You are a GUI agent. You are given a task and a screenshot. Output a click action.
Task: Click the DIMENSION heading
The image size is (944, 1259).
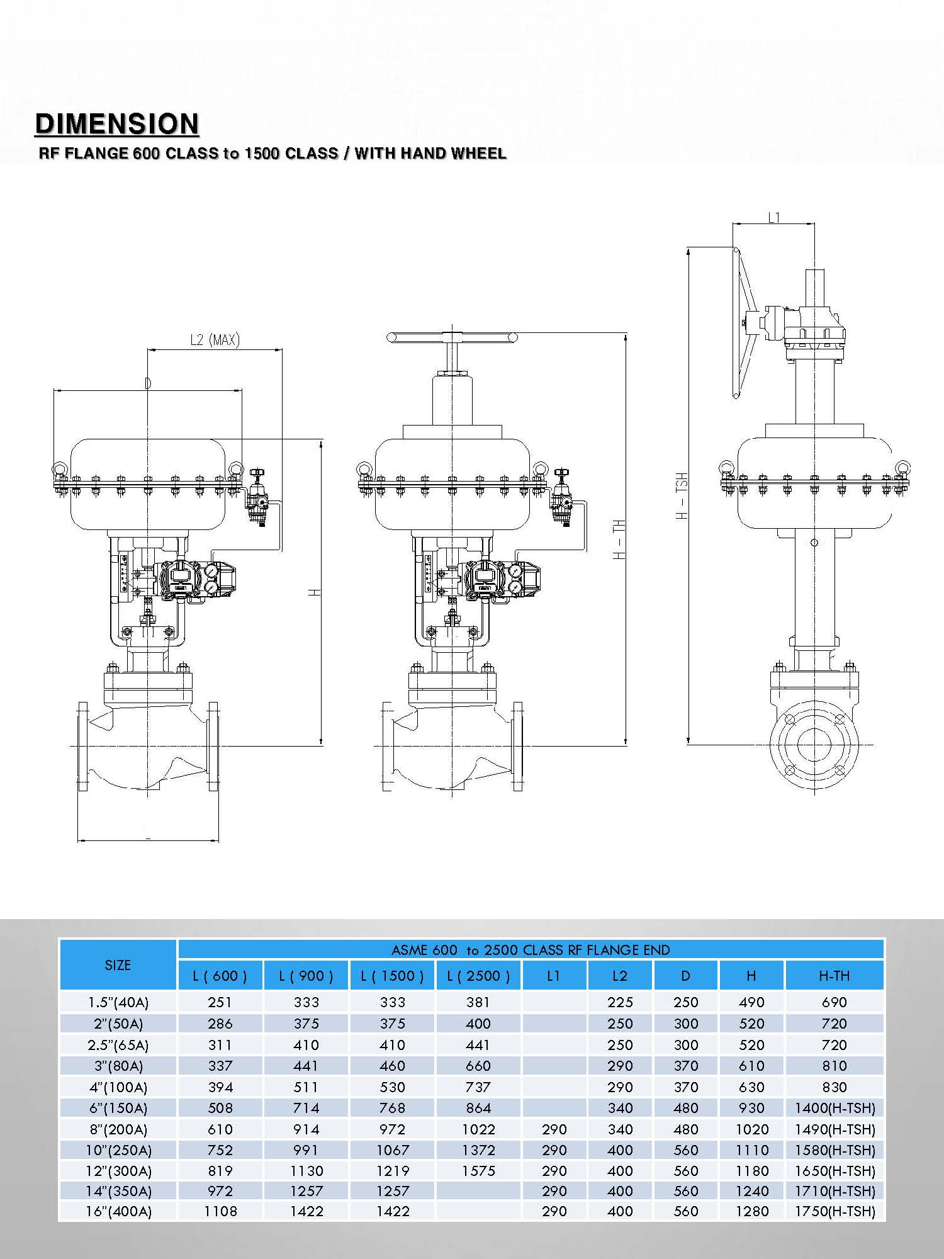point(117,124)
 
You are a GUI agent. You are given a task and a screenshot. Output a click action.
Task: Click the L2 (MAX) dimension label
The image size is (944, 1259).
point(215,340)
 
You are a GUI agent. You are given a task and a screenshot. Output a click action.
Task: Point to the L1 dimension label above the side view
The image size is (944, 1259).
point(774,218)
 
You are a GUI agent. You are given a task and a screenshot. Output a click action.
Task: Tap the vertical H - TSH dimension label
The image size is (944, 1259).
point(682,495)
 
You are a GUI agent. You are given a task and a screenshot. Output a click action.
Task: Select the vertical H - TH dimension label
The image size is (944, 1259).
point(619,539)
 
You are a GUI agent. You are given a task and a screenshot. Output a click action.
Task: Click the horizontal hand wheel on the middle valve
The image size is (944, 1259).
point(452,338)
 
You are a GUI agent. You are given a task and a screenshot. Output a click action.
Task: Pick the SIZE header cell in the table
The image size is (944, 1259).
point(118,965)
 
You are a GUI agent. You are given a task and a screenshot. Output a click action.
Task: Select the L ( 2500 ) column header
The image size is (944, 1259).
point(478,976)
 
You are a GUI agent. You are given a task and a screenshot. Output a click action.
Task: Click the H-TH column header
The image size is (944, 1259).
point(834,976)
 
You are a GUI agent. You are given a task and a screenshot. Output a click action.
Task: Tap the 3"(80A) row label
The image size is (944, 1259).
point(118,1066)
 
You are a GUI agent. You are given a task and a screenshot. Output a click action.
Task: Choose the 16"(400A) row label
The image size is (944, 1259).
point(118,1211)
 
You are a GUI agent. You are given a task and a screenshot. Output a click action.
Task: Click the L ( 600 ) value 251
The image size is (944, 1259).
point(220,1002)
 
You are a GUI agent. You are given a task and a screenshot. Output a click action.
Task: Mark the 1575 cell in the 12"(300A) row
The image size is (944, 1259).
point(478,1171)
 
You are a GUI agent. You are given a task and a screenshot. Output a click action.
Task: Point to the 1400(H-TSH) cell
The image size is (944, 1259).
point(834,1108)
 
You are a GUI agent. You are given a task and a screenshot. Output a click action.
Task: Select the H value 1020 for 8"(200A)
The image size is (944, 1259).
point(752,1129)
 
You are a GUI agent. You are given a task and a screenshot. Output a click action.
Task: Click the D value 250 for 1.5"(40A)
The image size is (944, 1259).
point(686,1002)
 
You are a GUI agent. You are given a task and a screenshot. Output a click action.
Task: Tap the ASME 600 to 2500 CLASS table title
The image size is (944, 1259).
point(531,950)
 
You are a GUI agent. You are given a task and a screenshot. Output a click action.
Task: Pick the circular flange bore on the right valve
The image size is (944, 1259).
point(814,745)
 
